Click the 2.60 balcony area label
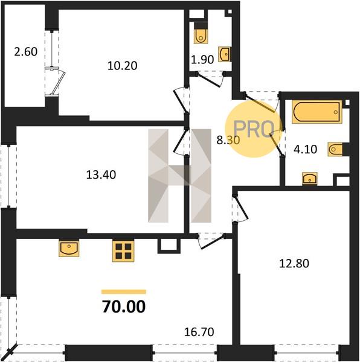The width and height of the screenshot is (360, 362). click(25, 52)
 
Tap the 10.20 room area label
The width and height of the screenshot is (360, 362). click(123, 66)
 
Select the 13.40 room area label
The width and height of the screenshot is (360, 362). click(101, 175)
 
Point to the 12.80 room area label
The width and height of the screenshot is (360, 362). click(294, 264)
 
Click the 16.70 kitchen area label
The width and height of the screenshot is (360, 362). click(199, 332)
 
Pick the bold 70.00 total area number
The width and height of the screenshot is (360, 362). click(124, 306)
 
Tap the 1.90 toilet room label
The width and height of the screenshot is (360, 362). click(202, 60)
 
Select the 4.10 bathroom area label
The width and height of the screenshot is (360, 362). click(305, 150)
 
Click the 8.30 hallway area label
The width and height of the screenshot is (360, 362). click(228, 140)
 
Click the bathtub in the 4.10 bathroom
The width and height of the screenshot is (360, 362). click(317, 112)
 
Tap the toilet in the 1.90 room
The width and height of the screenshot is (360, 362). click(201, 33)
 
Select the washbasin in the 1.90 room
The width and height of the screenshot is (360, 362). click(225, 54)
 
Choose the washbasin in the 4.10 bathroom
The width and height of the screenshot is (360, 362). click(310, 179)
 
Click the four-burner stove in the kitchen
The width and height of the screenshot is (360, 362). click(124, 251)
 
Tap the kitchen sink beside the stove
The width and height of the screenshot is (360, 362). click(69, 249)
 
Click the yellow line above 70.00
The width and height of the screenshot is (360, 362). click(124, 292)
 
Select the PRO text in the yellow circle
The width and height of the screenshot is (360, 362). click(254, 129)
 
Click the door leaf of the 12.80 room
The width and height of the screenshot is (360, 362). click(242, 207)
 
